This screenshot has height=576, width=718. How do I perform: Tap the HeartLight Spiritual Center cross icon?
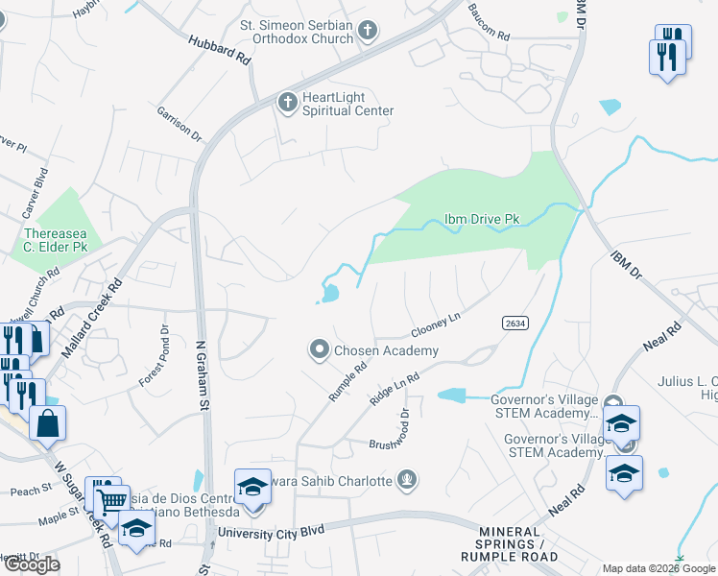click(x=287, y=103)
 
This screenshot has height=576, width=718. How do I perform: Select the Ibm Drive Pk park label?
click(x=481, y=220)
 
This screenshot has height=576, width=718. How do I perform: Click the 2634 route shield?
click(x=515, y=324)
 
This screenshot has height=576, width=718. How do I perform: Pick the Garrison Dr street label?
click(x=179, y=124)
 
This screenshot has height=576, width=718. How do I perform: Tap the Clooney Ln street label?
click(x=436, y=323)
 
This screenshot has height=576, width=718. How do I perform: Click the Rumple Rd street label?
click(x=347, y=380)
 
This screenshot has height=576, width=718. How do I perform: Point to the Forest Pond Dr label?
click(x=154, y=355)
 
